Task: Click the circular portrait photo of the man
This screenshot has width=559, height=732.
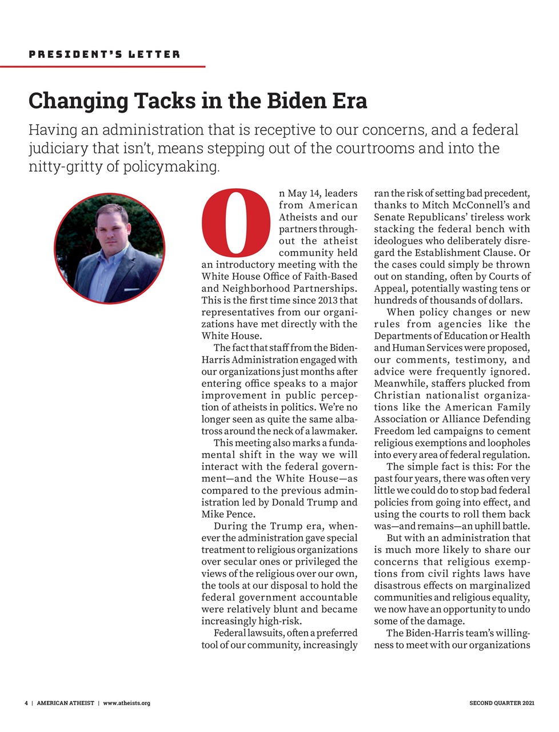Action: (109, 248)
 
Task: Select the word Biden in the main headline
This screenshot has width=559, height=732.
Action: (294, 101)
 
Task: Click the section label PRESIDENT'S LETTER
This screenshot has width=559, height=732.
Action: (104, 54)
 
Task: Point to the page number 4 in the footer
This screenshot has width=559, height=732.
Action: (26, 703)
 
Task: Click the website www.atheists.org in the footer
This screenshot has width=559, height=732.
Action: (127, 703)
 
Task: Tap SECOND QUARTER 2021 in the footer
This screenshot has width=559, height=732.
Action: (502, 703)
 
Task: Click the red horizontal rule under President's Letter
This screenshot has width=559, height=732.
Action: (103, 67)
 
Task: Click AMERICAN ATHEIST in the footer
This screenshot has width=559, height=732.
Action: (66, 703)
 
